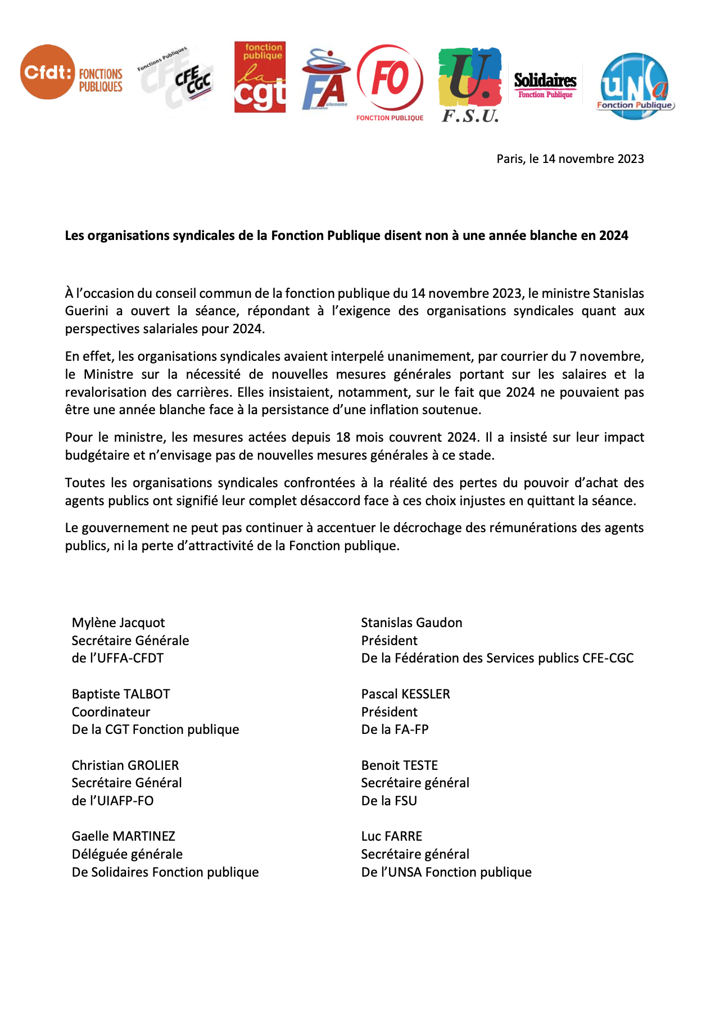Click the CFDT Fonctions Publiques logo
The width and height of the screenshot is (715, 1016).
(71, 73)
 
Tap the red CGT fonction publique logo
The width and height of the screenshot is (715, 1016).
(260, 78)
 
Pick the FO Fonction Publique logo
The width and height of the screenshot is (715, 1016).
(390, 81)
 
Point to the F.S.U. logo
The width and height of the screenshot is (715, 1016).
(470, 84)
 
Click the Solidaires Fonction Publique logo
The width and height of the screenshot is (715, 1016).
(545, 85)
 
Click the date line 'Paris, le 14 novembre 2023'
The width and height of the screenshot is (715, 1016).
(570, 159)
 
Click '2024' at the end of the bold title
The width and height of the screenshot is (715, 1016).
(613, 235)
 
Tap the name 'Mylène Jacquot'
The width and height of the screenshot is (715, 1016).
(118, 623)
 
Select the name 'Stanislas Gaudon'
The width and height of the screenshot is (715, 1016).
(411, 623)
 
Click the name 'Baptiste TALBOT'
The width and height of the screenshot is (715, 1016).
(121, 694)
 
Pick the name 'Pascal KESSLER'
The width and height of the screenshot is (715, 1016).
(405, 694)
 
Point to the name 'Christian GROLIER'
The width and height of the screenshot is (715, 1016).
(125, 765)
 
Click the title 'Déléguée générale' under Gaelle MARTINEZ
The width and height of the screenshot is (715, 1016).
(127, 854)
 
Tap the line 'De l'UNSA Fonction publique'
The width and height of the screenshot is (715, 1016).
(446, 872)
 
